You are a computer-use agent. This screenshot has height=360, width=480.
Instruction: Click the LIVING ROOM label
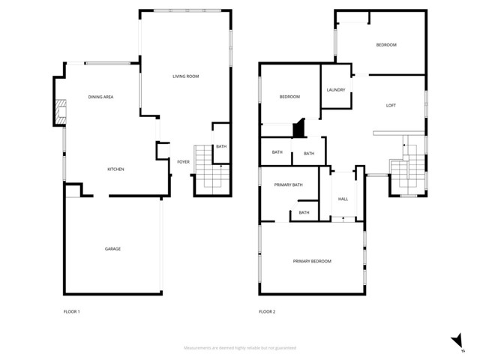[185, 76]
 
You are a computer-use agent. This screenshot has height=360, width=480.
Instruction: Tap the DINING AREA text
[100, 97]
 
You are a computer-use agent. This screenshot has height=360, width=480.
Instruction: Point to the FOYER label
[183, 161]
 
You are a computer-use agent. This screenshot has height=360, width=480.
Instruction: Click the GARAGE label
[112, 249]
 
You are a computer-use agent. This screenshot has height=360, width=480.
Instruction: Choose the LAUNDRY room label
[336, 90]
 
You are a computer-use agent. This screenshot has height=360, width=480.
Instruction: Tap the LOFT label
[391, 106]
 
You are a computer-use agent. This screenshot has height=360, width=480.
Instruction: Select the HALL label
[343, 199]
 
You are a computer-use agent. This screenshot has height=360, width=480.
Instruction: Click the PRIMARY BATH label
[288, 184]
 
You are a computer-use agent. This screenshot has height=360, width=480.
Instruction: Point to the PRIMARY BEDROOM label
[312, 261]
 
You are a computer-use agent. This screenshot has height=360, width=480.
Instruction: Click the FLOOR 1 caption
[72, 311]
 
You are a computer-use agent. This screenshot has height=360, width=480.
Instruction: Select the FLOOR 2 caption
[267, 311]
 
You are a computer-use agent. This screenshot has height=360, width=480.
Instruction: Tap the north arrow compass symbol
[457, 342]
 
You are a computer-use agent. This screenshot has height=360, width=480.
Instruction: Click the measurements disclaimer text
[240, 348]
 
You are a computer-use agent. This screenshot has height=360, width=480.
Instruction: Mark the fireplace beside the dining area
[58, 112]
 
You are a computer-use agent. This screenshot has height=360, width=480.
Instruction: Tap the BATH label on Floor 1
[221, 146]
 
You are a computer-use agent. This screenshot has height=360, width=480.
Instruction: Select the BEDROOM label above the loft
[386, 45]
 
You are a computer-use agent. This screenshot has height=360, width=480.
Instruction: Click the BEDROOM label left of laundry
[289, 97]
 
